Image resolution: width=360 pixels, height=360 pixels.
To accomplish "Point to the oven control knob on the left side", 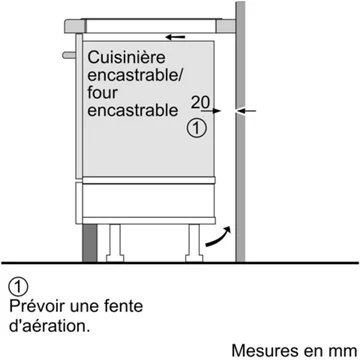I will click(x=66, y=45).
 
